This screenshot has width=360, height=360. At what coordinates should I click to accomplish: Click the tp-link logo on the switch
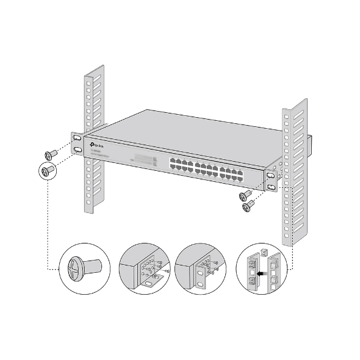pos(98,145)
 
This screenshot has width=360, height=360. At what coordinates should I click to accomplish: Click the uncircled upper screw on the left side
pos(50,154)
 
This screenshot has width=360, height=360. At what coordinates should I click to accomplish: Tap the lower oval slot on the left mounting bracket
pos(78,149)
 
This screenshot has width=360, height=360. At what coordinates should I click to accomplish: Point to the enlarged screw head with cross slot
pos(73,267)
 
